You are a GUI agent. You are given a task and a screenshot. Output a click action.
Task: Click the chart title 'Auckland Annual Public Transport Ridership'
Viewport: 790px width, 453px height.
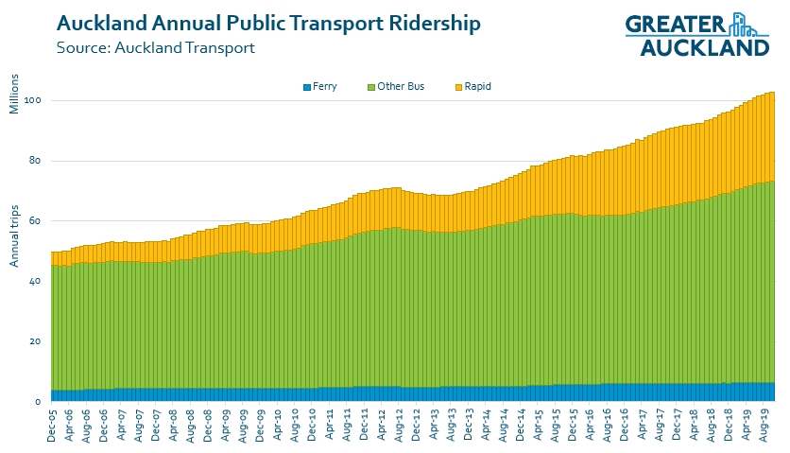pos(267,23)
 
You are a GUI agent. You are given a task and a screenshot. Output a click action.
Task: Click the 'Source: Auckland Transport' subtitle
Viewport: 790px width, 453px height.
pos(156,46)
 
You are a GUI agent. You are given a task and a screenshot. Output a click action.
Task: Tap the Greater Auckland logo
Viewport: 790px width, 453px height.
pos(697,34)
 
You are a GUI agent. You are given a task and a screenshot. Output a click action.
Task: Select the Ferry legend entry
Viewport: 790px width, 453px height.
pos(320,87)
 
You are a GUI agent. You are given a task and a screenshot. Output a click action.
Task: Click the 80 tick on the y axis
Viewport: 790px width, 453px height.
pos(36,161)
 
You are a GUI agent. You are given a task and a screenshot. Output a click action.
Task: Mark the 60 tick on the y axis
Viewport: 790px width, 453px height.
pos(36,221)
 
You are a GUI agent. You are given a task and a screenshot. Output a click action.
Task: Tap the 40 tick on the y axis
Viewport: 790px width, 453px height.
pos(36,282)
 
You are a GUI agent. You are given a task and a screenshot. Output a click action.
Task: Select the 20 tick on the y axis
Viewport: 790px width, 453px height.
pos(36,341)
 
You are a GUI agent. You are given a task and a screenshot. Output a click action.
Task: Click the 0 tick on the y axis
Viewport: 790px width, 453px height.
pos(39,402)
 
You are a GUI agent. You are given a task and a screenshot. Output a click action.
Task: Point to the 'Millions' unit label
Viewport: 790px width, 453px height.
pos(14,93)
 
